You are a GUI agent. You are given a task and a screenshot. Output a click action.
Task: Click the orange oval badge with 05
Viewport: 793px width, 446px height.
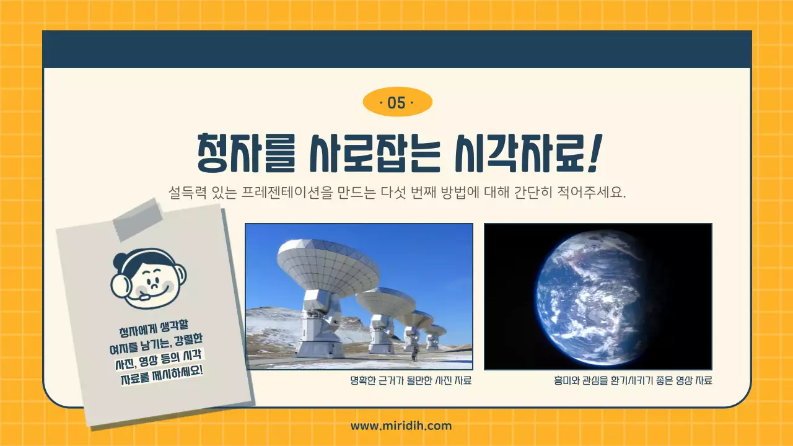[396, 103]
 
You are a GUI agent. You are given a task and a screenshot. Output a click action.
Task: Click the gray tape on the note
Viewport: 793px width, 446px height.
[137, 221]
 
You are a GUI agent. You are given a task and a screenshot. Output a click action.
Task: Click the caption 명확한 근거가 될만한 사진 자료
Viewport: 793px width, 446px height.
[411, 380]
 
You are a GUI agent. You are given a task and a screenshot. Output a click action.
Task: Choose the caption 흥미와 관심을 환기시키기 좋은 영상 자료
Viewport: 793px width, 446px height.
[633, 380]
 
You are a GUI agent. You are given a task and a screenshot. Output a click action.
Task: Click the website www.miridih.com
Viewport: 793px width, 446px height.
[401, 426]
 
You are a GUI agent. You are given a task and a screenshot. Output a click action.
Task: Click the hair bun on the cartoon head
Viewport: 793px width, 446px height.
[119, 259]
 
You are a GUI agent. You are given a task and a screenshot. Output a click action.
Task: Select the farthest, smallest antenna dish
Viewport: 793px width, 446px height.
[436, 330]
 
